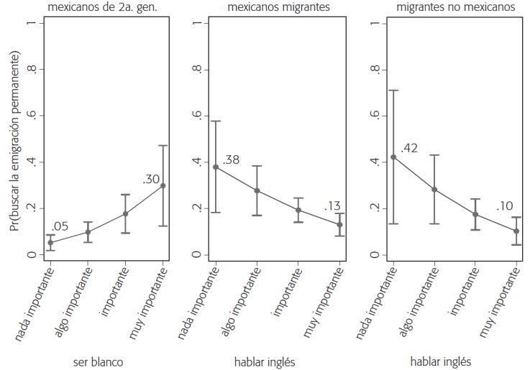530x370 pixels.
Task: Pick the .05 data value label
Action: pyautogui.click(x=60, y=228)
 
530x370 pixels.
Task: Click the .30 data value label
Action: pyautogui.click(x=151, y=180)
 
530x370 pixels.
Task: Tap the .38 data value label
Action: pyautogui.click(x=231, y=159)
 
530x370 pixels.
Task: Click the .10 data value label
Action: pyautogui.click(x=506, y=207)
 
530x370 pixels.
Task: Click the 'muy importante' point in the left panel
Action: pyautogui.click(x=163, y=185)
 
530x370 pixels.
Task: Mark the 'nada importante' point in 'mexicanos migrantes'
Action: pyautogui.click(x=215, y=167)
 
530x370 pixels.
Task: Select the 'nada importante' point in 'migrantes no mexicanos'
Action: pyautogui.click(x=393, y=157)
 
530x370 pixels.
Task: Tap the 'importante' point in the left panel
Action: pyautogui.click(x=126, y=213)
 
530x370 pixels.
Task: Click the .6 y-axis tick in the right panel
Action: pyautogui.click(x=377, y=116)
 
